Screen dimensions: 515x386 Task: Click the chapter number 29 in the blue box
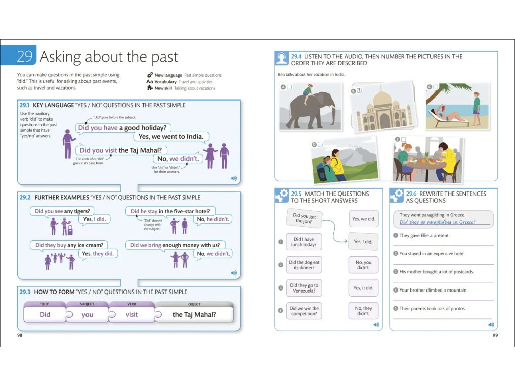24,56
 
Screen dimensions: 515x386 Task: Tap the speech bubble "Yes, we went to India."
171,137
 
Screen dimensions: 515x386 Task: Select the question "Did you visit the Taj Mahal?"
121,150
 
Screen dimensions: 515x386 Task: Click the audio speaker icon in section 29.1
234,178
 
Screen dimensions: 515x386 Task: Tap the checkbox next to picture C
436,87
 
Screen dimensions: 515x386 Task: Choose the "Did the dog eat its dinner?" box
304,265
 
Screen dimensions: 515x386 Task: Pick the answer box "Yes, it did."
363,288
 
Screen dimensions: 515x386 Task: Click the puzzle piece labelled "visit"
132,314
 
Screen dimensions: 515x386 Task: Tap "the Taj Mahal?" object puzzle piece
194,314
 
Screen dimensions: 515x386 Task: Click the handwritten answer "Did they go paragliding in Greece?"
438,222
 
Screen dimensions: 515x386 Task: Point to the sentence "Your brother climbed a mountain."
433,290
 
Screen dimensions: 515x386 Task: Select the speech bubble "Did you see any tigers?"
62,211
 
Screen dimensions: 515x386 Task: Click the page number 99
495,335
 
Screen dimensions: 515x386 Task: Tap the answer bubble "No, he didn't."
213,219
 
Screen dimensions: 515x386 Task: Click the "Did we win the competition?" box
304,311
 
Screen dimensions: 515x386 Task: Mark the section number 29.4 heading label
296,56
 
